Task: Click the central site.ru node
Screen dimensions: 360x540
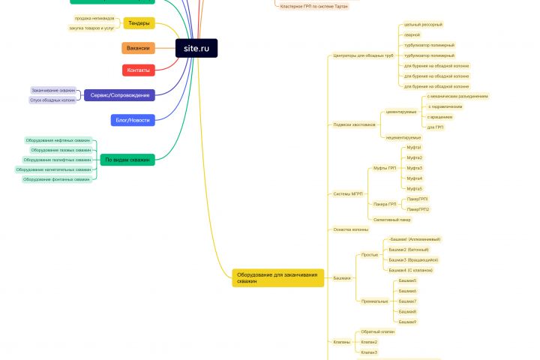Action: pyautogui.click(x=196, y=48)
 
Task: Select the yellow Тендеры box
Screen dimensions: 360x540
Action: pyautogui.click(x=139, y=23)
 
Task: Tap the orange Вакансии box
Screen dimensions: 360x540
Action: pyautogui.click(x=138, y=48)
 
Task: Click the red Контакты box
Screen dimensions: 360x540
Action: pyautogui.click(x=138, y=70)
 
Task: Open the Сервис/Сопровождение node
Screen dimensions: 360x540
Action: pyautogui.click(x=119, y=95)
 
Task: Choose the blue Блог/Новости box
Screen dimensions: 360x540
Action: pyautogui.click(x=132, y=120)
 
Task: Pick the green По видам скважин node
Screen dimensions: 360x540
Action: pyautogui.click(x=127, y=160)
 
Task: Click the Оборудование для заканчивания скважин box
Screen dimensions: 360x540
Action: pyautogui.click(x=278, y=277)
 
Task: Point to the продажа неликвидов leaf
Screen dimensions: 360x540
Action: pyautogui.click(x=94, y=18)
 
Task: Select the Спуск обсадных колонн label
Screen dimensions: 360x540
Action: pyautogui.click(x=52, y=100)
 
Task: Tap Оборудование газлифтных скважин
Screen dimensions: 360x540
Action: pyautogui.click(x=57, y=160)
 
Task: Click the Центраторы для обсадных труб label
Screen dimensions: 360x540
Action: pyautogui.click(x=363, y=55)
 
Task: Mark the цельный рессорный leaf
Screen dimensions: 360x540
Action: pyautogui.click(x=423, y=24)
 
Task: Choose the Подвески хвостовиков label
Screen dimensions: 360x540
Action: pyautogui.click(x=354, y=124)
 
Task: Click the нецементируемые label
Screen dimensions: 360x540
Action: pyautogui.click(x=403, y=137)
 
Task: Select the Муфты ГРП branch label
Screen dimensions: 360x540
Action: pyautogui.click(x=385, y=168)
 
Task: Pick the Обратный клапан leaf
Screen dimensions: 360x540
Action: pyautogui.click(x=377, y=331)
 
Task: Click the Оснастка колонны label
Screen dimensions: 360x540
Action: pyautogui.click(x=351, y=229)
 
